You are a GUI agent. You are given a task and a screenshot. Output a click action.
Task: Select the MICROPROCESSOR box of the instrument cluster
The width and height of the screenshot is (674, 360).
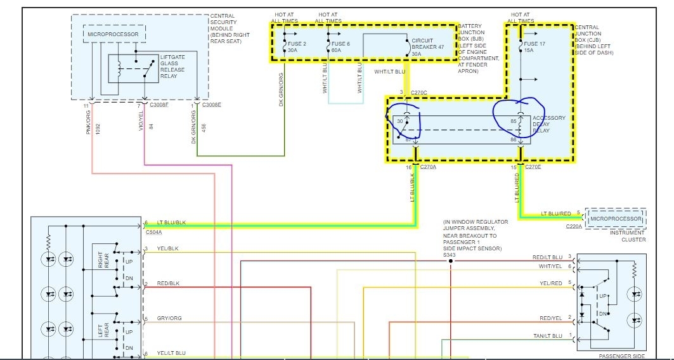tap(616, 219)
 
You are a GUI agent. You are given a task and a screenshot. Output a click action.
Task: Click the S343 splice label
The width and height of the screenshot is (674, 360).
tap(451, 254)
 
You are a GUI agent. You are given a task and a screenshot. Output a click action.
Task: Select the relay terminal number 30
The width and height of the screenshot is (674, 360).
tap(400, 121)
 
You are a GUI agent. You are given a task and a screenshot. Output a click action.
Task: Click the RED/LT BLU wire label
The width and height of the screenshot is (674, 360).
tap(547, 257)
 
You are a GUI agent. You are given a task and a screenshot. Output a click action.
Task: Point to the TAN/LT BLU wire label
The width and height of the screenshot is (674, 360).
tap(547, 335)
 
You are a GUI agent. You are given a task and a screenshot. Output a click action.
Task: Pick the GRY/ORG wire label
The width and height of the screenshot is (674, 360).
tap(169, 318)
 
